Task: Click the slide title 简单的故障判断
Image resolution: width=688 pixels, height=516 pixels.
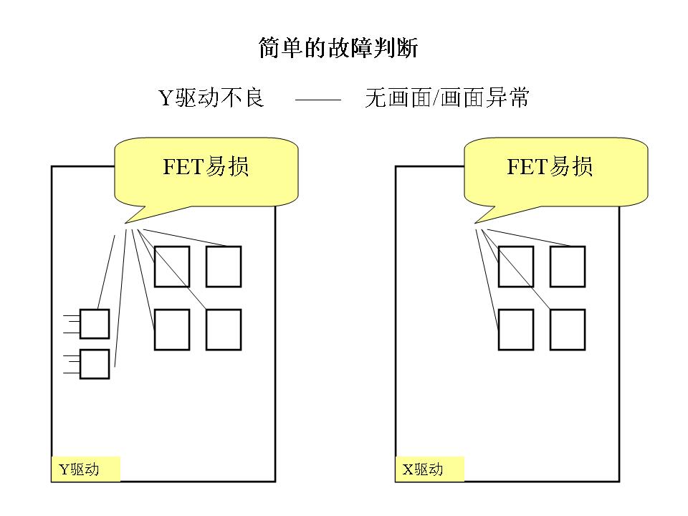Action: [338, 48]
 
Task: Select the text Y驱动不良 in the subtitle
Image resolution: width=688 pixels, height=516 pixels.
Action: [211, 97]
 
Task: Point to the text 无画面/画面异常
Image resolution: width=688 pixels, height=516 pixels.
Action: [446, 97]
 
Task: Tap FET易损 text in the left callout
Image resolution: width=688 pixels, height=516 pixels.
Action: [206, 167]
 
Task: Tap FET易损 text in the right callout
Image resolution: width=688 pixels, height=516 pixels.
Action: [550, 167]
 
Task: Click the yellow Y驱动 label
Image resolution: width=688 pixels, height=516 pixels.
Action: [85, 469]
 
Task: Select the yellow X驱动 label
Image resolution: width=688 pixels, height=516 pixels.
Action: [429, 469]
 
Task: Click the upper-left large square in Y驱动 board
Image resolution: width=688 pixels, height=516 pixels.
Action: [172, 267]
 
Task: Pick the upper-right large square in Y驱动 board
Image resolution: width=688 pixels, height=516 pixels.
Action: [224, 267]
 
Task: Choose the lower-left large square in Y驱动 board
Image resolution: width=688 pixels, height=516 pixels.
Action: [172, 330]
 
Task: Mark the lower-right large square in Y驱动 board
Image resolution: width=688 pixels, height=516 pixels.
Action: [224, 330]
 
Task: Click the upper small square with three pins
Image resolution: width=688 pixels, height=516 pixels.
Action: [95, 324]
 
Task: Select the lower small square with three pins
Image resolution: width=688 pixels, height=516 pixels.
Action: [95, 364]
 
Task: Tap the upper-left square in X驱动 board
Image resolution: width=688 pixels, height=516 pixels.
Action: [516, 267]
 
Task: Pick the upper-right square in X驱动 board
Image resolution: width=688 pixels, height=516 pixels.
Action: [568, 267]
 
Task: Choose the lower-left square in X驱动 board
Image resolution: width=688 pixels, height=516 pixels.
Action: [516, 330]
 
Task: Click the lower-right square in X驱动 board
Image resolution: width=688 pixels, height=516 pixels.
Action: [568, 330]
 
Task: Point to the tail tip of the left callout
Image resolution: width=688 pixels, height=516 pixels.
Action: [125, 223]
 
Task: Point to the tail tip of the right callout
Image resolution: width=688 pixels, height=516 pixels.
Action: [474, 223]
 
